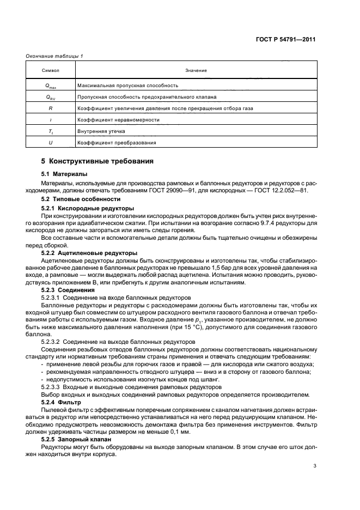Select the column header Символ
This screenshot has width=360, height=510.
click(50, 71)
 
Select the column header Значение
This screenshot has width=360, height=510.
click(196, 71)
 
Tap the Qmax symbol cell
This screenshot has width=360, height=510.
click(50, 86)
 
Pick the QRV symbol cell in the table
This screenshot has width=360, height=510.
click(50, 97)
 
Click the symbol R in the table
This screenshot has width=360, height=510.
click(50, 108)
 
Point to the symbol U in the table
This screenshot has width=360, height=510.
click(50, 143)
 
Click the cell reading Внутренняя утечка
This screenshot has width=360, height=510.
click(102, 131)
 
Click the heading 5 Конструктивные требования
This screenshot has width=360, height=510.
click(97, 161)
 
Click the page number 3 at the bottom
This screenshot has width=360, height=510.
click(315, 465)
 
